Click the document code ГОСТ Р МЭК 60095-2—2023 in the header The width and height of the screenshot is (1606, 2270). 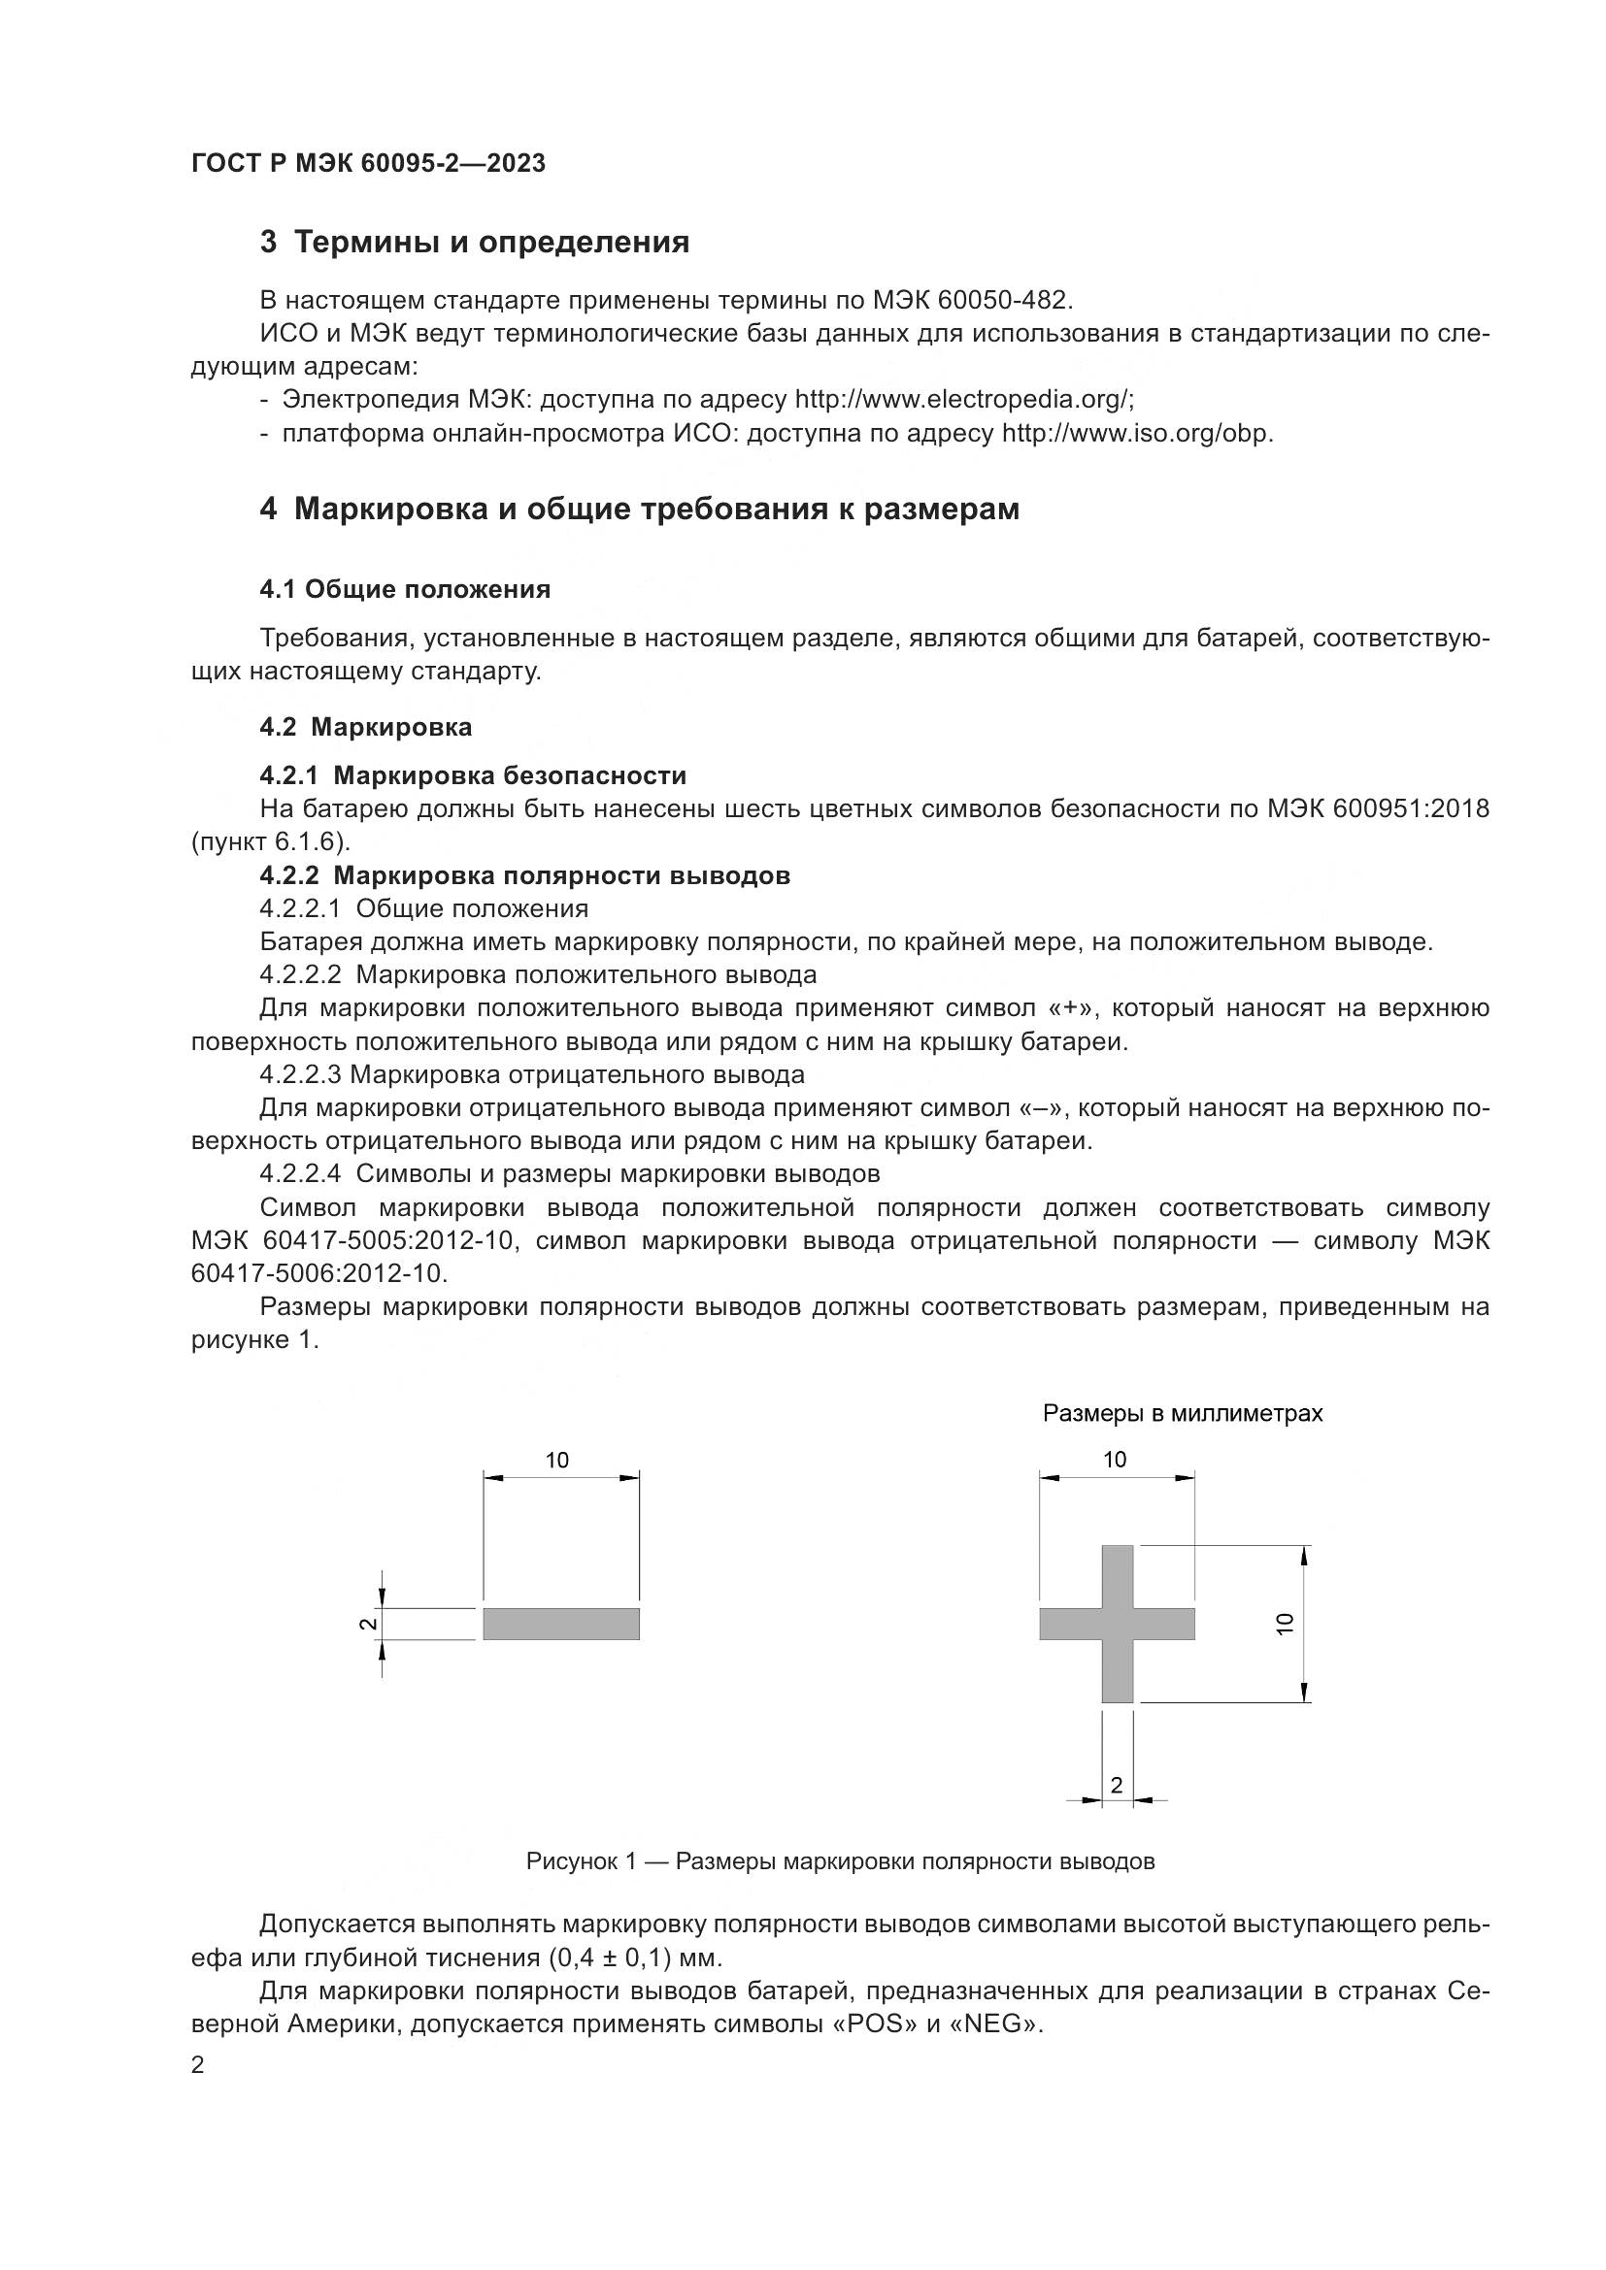368,164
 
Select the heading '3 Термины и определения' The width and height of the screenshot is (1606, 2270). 475,243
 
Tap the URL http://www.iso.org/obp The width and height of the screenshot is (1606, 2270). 1137,433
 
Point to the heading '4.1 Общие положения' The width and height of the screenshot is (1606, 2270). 405,589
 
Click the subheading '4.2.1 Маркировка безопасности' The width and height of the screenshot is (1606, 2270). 473,775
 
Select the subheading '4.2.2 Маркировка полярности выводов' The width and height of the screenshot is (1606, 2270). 524,875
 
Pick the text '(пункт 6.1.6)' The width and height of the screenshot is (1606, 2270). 271,841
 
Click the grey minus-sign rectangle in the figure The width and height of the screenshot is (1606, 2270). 560,1624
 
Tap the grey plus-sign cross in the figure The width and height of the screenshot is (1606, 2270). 1118,1624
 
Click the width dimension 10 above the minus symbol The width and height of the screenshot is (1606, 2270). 557,1461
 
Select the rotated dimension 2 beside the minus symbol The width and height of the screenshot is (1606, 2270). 367,1624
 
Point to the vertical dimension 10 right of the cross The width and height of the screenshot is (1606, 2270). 1285,1624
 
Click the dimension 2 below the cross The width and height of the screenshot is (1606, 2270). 1117,1785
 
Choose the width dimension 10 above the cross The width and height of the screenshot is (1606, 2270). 1115,1460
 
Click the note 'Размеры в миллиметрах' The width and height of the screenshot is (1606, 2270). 1182,1413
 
